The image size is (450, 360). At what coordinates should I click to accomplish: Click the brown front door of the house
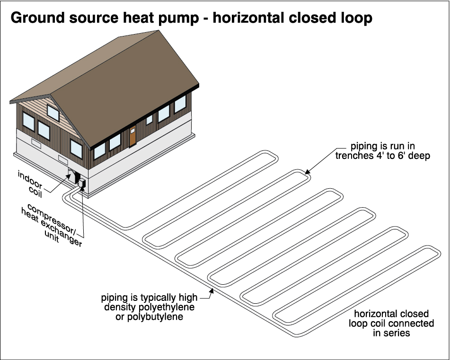(132, 134)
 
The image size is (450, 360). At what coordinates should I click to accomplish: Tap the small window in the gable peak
(53, 113)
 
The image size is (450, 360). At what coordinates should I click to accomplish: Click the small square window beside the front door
(150, 119)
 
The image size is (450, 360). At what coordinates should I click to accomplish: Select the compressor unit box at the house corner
(80, 182)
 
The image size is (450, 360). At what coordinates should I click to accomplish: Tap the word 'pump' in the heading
(182, 18)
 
